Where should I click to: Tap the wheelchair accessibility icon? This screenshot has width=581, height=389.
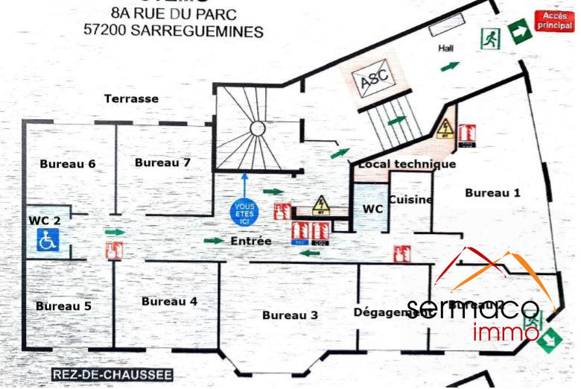click(x=48, y=240)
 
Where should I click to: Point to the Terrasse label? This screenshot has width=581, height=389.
click(x=131, y=98)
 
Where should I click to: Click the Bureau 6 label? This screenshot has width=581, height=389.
click(x=68, y=164)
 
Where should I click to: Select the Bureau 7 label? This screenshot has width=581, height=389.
click(x=162, y=162)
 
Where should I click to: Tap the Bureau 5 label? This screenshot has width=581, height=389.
click(x=63, y=306)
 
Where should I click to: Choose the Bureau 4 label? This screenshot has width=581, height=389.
click(x=169, y=301)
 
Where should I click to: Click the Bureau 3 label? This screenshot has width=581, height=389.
click(x=290, y=315)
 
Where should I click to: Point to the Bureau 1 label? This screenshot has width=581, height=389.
click(x=492, y=192)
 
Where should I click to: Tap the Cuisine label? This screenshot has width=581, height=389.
click(x=410, y=200)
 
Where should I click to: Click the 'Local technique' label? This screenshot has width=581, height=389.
click(x=407, y=164)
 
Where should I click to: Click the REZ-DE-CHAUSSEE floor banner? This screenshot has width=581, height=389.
click(x=112, y=374)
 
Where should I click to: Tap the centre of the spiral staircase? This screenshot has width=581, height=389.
click(x=256, y=128)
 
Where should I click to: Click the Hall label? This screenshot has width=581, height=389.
click(x=446, y=48)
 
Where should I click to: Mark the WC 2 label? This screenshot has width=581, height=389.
click(x=45, y=220)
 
